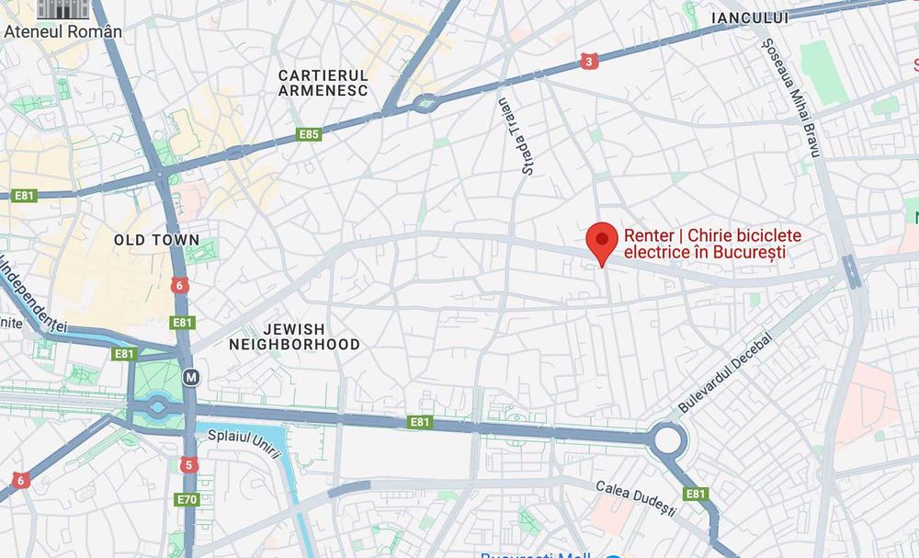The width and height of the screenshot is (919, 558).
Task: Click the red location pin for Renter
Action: [601, 241]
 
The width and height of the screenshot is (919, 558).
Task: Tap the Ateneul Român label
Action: [63, 31]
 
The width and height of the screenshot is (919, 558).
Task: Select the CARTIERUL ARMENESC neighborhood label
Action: [323, 83]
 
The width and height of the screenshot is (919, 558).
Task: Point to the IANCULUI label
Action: [750, 17]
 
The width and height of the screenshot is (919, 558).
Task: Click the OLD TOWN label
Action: [156, 240]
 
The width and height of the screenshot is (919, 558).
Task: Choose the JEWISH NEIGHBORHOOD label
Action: [294, 336]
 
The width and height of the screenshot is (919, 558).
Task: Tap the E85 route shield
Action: [310, 135]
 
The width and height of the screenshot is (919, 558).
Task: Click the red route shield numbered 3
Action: [588, 62]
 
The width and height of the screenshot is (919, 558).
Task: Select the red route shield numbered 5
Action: [188, 465]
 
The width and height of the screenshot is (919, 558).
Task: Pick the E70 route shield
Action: [187, 500]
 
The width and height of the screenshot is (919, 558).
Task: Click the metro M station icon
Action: [190, 377]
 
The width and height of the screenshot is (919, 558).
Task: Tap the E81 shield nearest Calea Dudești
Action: [697, 494]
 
